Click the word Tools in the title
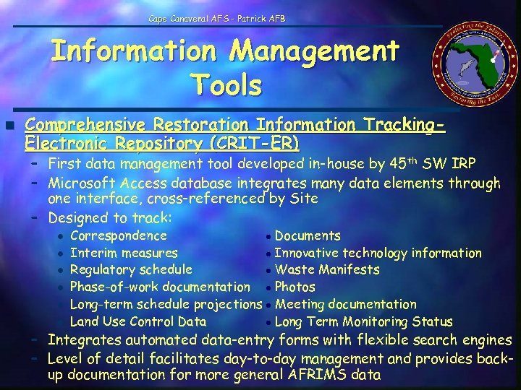(226, 85)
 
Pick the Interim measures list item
(124, 253)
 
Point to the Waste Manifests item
(327, 270)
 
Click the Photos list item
(295, 287)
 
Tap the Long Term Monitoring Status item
(364, 322)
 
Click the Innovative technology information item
(378, 253)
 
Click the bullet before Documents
(268, 236)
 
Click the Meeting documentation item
(346, 305)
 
